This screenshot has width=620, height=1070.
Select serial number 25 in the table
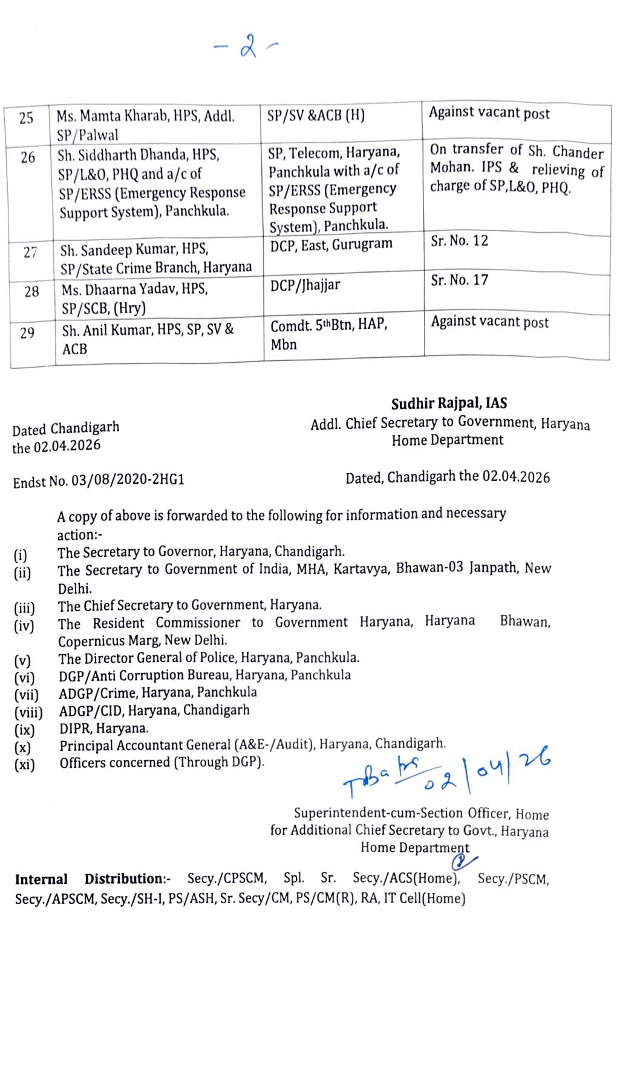click(x=26, y=117)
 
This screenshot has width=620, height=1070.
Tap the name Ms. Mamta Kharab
click(x=113, y=115)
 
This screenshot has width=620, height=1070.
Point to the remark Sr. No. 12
click(x=459, y=241)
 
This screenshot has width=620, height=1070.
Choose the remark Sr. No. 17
click(x=459, y=280)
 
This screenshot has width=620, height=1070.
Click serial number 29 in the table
click(x=27, y=332)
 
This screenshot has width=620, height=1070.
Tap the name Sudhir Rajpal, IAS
click(x=449, y=404)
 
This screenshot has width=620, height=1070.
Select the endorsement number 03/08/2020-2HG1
click(x=128, y=481)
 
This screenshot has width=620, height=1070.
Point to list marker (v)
click(x=22, y=660)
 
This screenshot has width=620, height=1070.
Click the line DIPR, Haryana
click(x=103, y=728)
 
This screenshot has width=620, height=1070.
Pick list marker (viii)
click(x=28, y=712)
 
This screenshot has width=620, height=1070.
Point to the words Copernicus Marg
click(x=105, y=640)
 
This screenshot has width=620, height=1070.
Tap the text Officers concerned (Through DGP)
click(x=162, y=763)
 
